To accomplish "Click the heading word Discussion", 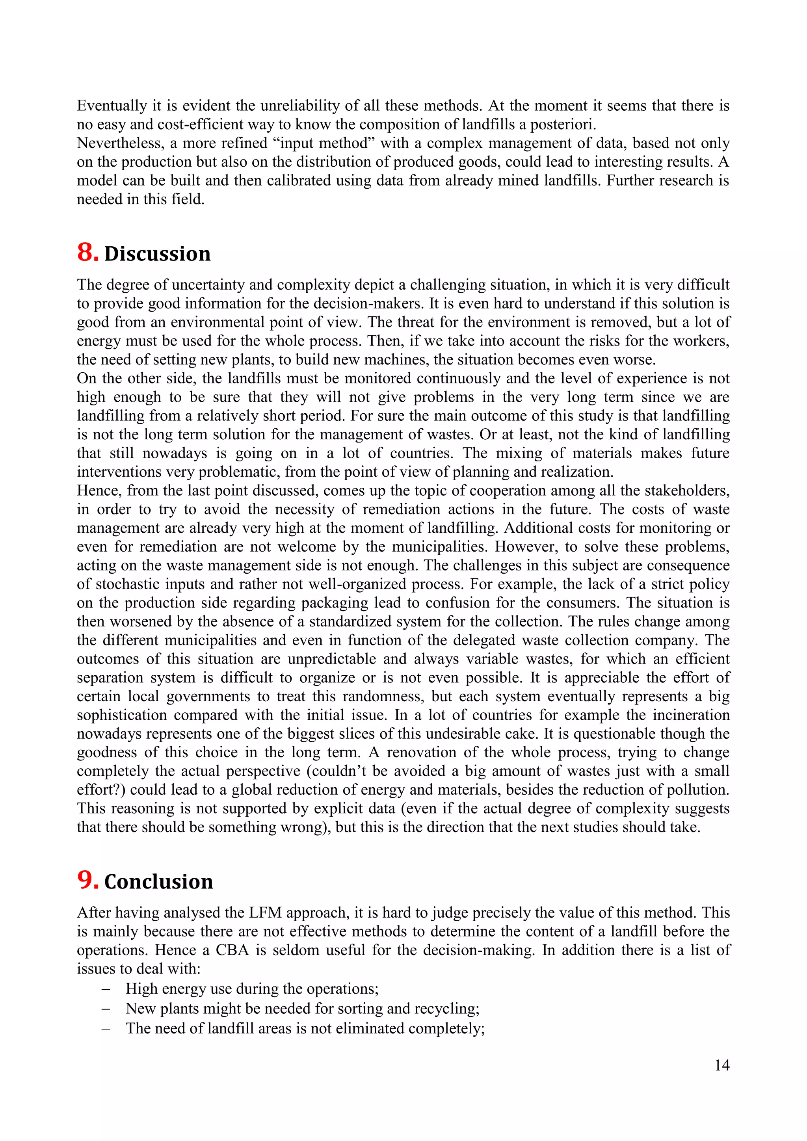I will [x=157, y=254].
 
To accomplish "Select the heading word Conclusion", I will [x=158, y=882].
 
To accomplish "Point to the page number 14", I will [x=721, y=1065].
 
